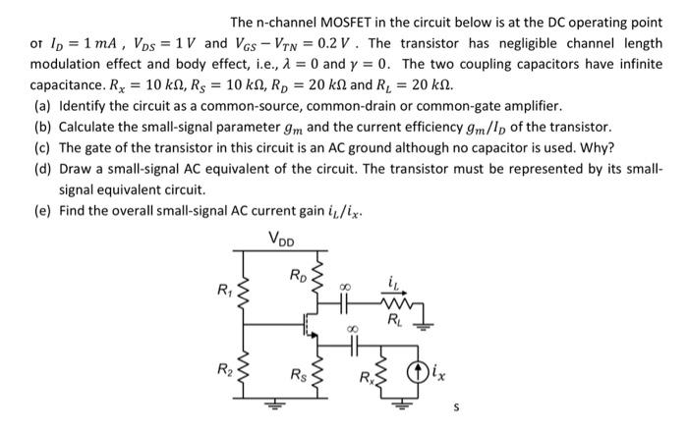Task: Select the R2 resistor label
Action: click(223, 370)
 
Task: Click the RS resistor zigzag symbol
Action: click(316, 370)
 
